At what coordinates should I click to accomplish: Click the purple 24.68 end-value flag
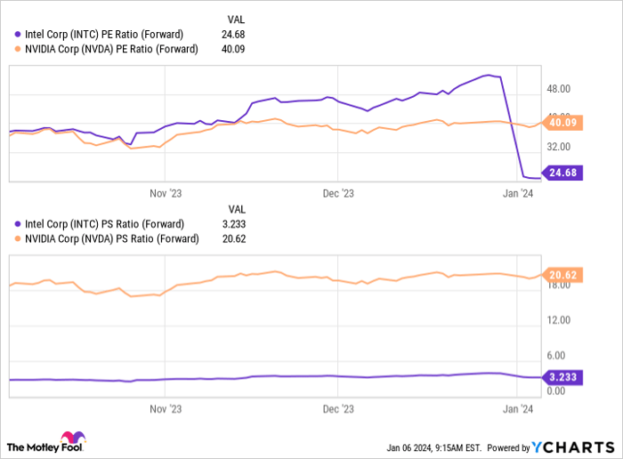coord(564,173)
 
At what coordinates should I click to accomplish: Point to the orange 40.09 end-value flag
coord(564,124)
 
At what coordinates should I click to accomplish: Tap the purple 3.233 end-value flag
coord(564,377)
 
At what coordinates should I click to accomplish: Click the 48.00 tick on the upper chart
coord(559,89)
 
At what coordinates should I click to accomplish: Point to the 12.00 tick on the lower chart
coord(559,319)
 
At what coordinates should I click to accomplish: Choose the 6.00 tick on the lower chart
coord(559,355)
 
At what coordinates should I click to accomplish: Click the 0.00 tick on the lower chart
coord(559,391)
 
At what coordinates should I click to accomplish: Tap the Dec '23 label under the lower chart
coord(337,410)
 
